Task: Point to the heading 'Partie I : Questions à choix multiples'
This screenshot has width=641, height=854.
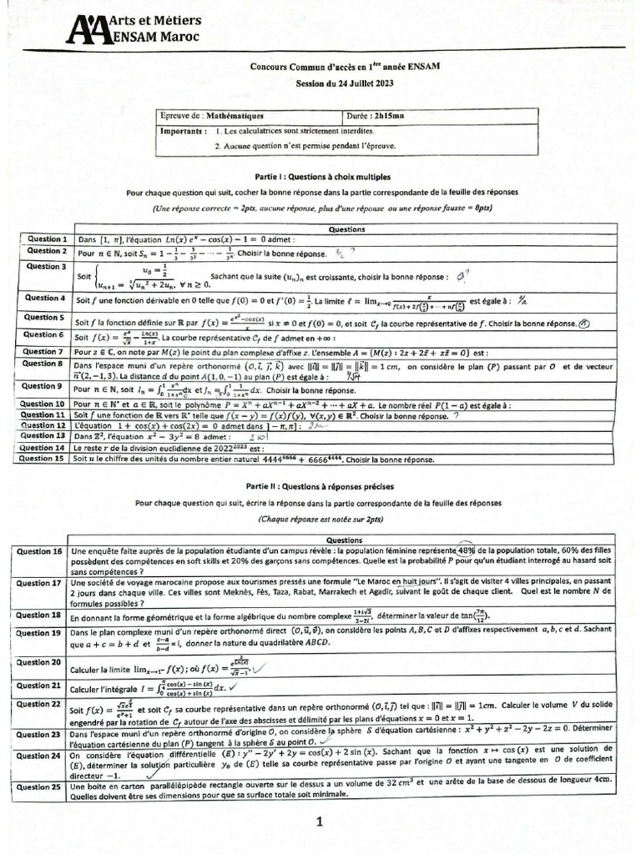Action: pyautogui.click(x=322, y=178)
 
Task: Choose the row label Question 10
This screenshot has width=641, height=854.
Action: pyautogui.click(x=43, y=404)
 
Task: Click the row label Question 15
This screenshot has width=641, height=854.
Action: pyautogui.click(x=43, y=458)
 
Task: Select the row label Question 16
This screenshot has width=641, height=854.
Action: pyautogui.click(x=39, y=552)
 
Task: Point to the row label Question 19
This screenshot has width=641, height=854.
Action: pyautogui.click(x=39, y=633)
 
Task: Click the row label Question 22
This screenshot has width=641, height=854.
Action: pyautogui.click(x=39, y=704)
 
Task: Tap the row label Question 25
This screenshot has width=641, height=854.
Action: pyautogui.click(x=39, y=786)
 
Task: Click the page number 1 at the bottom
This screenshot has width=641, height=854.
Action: pyautogui.click(x=319, y=822)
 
